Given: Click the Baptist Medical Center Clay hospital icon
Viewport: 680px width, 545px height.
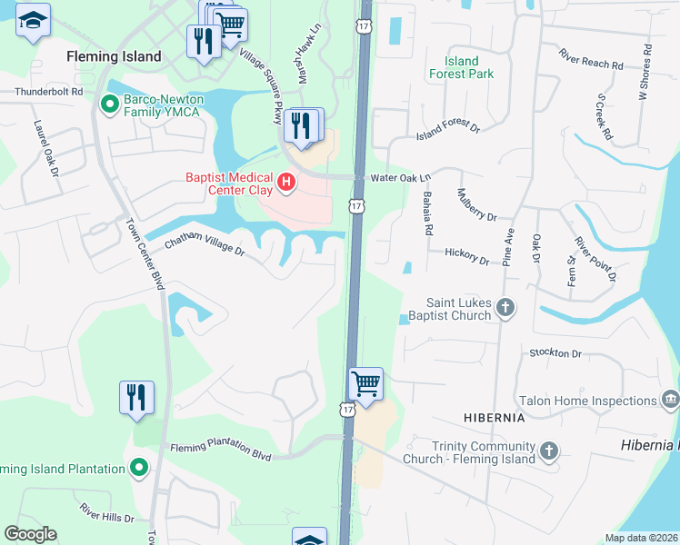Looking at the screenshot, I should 286,183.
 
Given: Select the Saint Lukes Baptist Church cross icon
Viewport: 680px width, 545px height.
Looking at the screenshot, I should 507,310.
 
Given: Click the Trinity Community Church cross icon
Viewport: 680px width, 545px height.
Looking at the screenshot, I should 548,451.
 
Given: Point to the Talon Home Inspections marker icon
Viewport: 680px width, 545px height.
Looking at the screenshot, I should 671,400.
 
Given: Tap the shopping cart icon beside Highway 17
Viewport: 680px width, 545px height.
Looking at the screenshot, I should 365,383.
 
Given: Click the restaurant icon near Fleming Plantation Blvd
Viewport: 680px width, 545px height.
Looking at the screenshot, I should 136,397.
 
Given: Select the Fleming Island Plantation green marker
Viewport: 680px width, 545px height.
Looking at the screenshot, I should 138,469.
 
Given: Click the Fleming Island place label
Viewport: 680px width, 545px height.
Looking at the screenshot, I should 115,56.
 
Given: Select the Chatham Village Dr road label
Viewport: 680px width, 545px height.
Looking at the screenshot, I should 205,245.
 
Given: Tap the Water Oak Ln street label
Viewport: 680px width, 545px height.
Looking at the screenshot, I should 400,178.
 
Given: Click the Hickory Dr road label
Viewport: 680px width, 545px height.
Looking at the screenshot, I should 466,256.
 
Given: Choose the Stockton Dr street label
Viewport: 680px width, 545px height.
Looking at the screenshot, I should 555,352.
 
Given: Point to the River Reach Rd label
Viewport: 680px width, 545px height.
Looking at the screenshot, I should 591,59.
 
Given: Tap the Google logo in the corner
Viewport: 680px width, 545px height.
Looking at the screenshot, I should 30,534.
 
